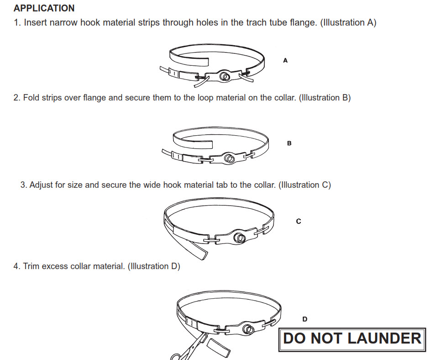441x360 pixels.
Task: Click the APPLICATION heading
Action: [44, 8]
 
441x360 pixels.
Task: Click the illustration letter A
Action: [285, 60]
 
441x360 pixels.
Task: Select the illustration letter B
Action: [289, 143]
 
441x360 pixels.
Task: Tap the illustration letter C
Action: [299, 222]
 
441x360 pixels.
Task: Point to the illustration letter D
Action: [305, 319]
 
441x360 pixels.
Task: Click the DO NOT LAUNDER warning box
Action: [352, 339]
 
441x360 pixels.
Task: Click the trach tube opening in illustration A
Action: [225, 76]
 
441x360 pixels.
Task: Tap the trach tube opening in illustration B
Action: [229, 159]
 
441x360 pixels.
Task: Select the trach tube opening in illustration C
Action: [240, 238]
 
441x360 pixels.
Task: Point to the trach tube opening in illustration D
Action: [248, 329]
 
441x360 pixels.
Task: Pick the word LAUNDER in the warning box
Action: [385, 339]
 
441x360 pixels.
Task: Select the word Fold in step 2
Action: [31, 98]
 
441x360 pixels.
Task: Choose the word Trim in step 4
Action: [31, 266]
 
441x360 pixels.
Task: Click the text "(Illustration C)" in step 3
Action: [304, 185]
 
